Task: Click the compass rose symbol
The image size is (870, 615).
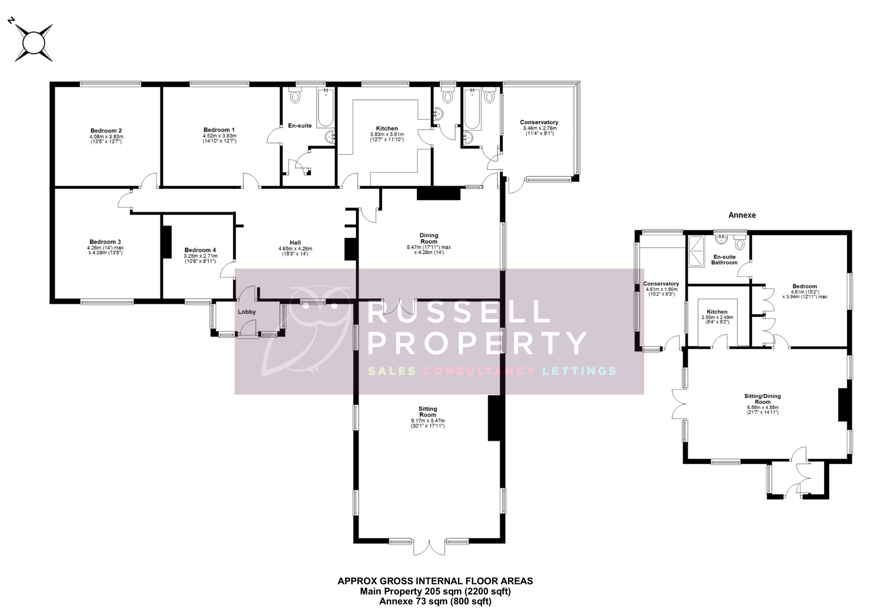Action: tap(33, 42)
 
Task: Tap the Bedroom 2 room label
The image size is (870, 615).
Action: tap(106, 131)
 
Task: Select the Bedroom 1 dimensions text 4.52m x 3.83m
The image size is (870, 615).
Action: tap(220, 136)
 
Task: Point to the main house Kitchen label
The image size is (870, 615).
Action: tap(387, 128)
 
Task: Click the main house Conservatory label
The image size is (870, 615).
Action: tap(539, 122)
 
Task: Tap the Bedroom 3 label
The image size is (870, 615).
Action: tap(105, 242)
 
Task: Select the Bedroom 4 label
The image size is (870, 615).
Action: tap(200, 250)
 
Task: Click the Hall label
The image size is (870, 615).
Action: tap(295, 243)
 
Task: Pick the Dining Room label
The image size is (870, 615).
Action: tap(429, 238)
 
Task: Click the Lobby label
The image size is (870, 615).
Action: tap(247, 312)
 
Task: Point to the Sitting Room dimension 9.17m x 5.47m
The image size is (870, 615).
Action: tap(428, 421)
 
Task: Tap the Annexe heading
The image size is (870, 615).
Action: tap(742, 215)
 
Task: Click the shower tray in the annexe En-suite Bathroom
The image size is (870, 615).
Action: tap(696, 251)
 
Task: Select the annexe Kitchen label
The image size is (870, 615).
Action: tap(717, 312)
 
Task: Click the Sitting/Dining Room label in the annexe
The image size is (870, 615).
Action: tap(762, 399)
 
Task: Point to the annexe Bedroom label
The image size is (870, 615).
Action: tap(804, 286)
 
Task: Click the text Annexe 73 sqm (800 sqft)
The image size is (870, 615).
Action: tap(435, 601)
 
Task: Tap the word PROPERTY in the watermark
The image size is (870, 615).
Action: tap(477, 343)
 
